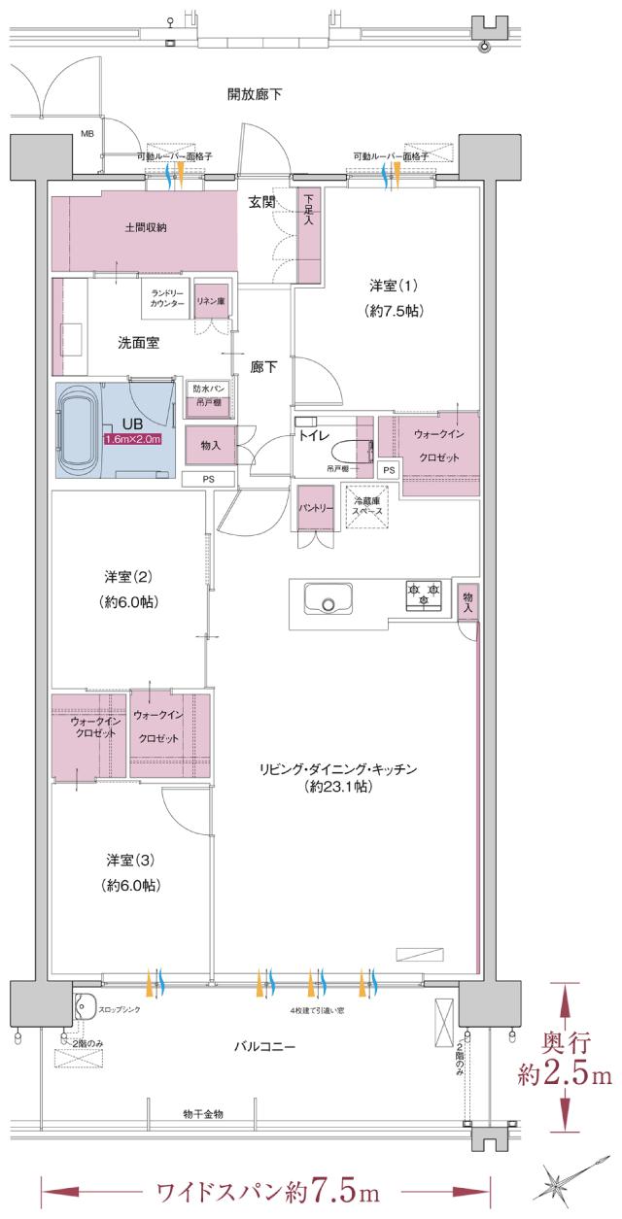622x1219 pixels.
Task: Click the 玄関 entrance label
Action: (260, 202)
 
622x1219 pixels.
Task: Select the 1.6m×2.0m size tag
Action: (133, 439)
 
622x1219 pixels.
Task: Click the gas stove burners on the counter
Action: (424, 594)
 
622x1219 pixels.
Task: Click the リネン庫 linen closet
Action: (211, 303)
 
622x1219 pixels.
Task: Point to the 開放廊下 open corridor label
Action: (255, 94)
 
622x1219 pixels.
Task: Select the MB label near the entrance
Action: (86, 135)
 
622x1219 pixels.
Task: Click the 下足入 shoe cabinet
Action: (309, 234)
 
